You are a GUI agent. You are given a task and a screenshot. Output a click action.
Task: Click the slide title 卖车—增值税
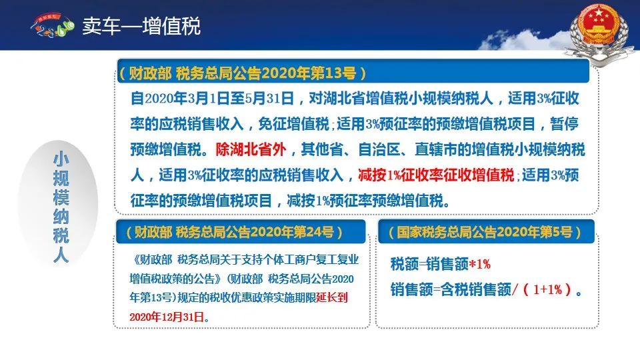(141, 26)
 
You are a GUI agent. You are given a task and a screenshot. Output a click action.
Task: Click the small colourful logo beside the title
(52, 25)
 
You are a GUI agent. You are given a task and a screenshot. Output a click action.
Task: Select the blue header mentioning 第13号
(353, 72)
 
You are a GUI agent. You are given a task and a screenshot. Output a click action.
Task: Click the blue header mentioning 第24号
(241, 232)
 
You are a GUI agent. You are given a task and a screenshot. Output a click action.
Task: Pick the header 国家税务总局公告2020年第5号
(486, 232)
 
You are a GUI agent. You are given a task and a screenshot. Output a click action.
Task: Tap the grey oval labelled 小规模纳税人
(59, 204)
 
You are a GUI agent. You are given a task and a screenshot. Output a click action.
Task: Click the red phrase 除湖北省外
(251, 150)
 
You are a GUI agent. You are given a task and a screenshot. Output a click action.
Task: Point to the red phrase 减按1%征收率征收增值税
(436, 175)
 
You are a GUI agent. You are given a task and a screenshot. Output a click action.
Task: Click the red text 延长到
(332, 297)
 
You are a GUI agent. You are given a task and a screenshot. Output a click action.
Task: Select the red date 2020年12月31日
(167, 317)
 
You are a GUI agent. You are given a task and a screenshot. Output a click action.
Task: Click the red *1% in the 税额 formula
(479, 264)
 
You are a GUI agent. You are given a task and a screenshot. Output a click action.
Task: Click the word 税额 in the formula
(405, 265)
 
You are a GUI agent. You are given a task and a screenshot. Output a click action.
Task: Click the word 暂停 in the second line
(564, 124)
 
